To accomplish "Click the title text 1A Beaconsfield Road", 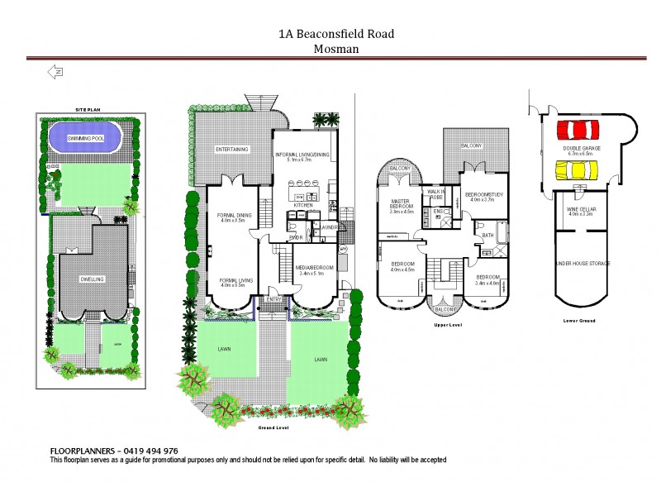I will [335, 34].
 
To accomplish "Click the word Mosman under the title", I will [335, 48].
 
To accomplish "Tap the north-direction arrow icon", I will [56, 72].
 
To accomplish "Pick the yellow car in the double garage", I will [577, 169].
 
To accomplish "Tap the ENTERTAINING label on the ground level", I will [232, 150].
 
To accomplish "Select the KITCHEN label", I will [303, 205].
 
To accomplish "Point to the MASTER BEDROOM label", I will [401, 204].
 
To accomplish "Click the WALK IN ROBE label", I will [436, 194].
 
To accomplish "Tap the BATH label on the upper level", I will [487, 236].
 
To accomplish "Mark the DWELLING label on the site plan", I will [92, 279].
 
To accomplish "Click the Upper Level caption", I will [445, 326].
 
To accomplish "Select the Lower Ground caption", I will [579, 319].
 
